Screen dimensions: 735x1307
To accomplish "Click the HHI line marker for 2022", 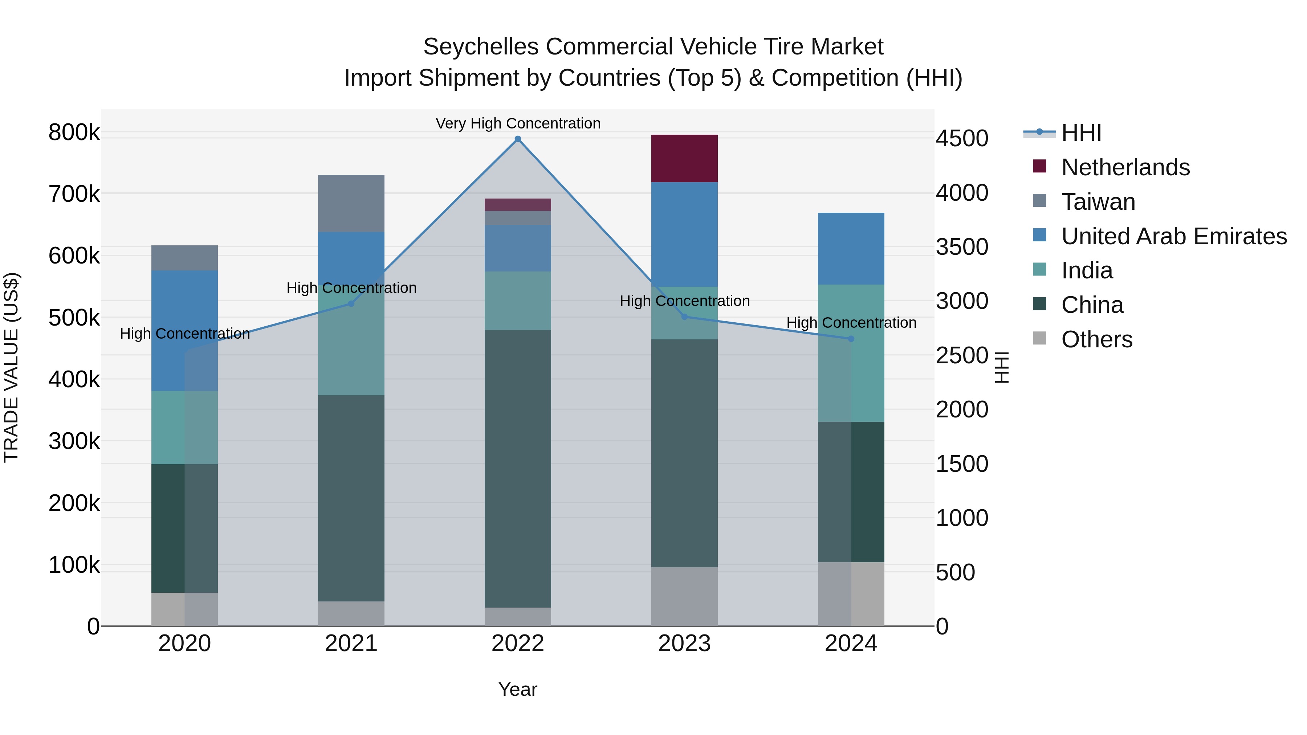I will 517,139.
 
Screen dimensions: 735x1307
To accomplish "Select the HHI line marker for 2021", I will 351,303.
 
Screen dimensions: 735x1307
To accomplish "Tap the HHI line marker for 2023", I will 684,317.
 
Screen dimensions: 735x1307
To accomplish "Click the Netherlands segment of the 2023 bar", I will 684,158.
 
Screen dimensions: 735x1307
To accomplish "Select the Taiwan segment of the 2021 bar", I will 351,203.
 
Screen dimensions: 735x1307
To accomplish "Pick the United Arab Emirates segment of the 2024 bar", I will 851,249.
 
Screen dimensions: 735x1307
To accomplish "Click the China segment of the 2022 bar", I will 517,468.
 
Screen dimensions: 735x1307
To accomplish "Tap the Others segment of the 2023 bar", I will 684,596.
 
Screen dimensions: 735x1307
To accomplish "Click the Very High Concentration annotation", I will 517,123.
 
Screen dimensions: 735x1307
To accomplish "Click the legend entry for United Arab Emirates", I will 1173,236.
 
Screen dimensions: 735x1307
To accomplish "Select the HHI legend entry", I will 1081,133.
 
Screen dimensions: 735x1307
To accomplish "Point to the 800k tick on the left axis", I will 74,132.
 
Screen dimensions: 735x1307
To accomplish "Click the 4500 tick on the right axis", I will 961,139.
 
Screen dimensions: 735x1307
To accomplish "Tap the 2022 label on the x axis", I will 517,644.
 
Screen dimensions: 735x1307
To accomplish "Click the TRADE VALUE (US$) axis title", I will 11,367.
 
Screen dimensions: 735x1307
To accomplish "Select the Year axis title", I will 517,689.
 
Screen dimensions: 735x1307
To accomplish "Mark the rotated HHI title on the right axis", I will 1002,367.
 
